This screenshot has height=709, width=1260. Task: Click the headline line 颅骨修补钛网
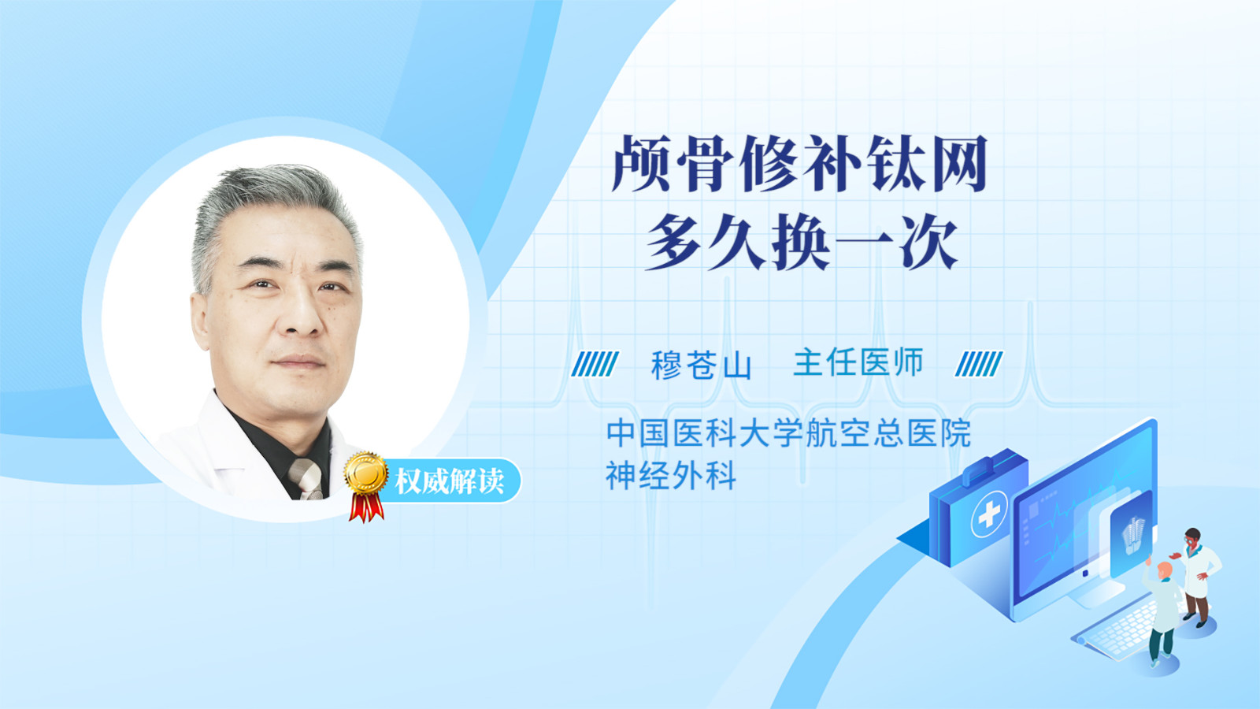coord(799,163)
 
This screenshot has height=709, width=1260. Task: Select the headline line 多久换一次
coord(802,243)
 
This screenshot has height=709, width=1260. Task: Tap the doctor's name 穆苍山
coord(701,364)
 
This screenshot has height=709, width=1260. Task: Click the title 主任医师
coord(858,362)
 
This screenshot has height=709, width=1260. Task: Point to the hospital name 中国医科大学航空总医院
coord(788,432)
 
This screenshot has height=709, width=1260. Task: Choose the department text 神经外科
coord(670,476)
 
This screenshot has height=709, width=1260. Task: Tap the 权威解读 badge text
coord(449,481)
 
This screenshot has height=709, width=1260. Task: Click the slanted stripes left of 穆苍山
coord(595,363)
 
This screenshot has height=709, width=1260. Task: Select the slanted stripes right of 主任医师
coord(979,363)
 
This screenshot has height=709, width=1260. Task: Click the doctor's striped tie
coord(306,479)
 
